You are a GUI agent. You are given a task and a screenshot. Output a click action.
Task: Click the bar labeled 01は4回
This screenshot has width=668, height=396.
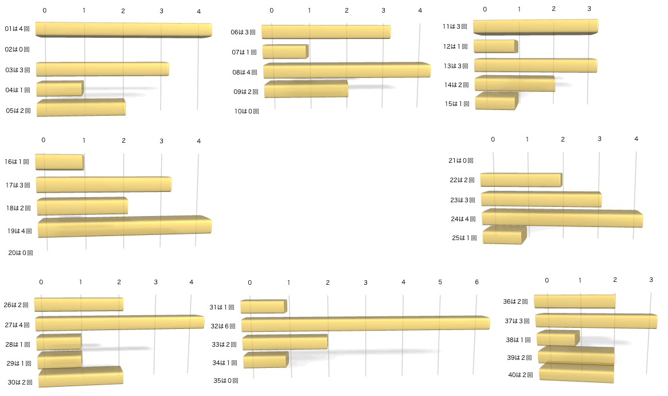(x=123, y=30)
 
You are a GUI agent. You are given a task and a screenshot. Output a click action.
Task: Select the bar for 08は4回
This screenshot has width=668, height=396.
(x=347, y=70)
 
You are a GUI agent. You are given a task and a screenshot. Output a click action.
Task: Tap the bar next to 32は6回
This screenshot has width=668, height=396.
(x=365, y=324)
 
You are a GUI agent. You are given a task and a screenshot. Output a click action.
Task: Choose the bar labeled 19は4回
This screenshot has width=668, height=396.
(x=125, y=226)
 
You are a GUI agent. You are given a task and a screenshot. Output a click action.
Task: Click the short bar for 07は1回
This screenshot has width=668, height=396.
(x=285, y=52)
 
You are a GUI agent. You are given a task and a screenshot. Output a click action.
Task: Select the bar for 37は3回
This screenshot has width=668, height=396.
(x=596, y=321)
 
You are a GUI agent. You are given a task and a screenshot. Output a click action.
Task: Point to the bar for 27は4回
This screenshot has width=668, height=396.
(x=119, y=323)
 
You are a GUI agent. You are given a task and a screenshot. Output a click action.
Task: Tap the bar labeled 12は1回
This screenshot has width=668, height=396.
(x=496, y=46)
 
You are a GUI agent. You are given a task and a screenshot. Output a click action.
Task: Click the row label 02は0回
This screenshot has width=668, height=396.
(x=18, y=49)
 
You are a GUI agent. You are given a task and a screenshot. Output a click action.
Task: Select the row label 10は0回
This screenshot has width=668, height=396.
(x=246, y=111)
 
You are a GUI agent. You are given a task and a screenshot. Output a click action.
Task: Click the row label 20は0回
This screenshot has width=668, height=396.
(x=20, y=252)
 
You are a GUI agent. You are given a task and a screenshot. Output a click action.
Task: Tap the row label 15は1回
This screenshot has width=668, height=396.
(x=456, y=104)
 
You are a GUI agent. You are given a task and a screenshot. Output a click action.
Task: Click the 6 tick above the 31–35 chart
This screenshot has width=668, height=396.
(x=476, y=283)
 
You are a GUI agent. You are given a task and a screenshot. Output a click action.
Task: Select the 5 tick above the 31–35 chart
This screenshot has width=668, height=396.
(x=440, y=283)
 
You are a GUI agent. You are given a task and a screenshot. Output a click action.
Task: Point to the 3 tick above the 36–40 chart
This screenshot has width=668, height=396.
(x=651, y=280)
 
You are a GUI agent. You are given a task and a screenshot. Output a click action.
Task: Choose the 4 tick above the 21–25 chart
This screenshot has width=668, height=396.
(x=636, y=139)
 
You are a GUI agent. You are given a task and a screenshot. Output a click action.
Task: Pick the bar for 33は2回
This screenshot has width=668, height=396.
(x=285, y=342)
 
